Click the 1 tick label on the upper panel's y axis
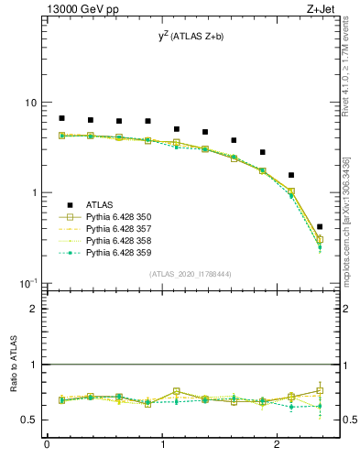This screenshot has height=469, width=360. coord(35,192)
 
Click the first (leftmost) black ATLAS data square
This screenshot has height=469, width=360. coord(61,118)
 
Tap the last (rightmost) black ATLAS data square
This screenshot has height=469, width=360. coord(319,226)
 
